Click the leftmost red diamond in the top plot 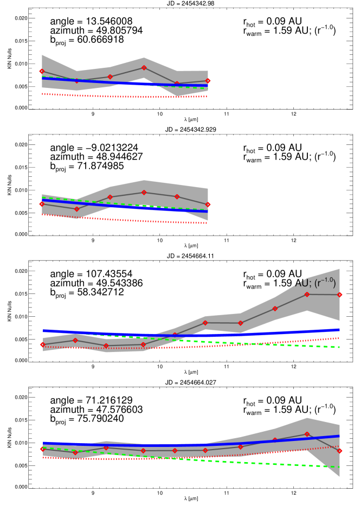(42, 71)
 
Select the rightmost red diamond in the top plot (208, 81)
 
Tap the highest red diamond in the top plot (144, 68)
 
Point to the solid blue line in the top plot (108, 82)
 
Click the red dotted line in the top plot (108, 96)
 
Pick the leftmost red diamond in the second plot (42, 204)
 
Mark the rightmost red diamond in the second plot (208, 204)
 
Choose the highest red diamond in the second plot (144, 193)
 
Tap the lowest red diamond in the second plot (76, 209)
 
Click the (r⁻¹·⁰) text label (325, 283)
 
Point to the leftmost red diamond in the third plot (42, 344)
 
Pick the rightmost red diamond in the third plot (339, 295)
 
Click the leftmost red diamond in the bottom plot (42, 449)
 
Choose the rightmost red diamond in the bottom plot (339, 451)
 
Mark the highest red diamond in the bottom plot (307, 434)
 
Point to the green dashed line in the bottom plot (271, 464)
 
